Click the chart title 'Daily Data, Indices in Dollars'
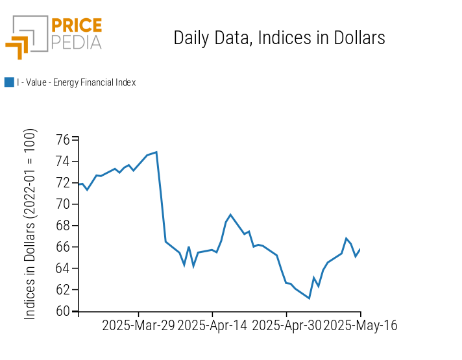(279, 38)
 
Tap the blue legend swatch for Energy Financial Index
(9, 82)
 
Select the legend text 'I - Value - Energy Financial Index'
(76, 82)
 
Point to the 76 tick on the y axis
(63, 140)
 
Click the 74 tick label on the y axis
(63, 162)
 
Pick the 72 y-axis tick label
(63, 183)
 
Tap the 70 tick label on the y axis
(63, 204)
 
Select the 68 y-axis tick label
(63, 226)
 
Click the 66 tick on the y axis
(63, 247)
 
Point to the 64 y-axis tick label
(63, 269)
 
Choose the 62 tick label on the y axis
(63, 290)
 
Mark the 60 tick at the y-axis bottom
(63, 311)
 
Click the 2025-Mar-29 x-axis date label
(138, 326)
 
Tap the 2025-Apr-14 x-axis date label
(212, 326)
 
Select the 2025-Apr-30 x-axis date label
(286, 326)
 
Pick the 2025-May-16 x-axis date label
(360, 326)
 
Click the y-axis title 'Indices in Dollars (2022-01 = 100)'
(30, 224)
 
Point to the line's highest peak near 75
(156, 152)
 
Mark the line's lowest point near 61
(309, 298)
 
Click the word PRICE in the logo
(76, 26)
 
